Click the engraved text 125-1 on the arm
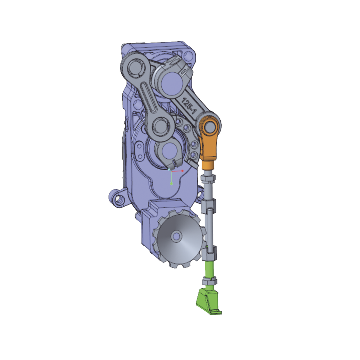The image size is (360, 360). (189, 106)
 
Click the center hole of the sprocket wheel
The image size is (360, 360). (176, 236)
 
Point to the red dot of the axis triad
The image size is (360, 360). (182, 171)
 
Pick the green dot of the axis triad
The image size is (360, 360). (171, 184)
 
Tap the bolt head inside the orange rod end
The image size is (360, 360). (208, 127)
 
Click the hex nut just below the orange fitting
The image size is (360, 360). (208, 178)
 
